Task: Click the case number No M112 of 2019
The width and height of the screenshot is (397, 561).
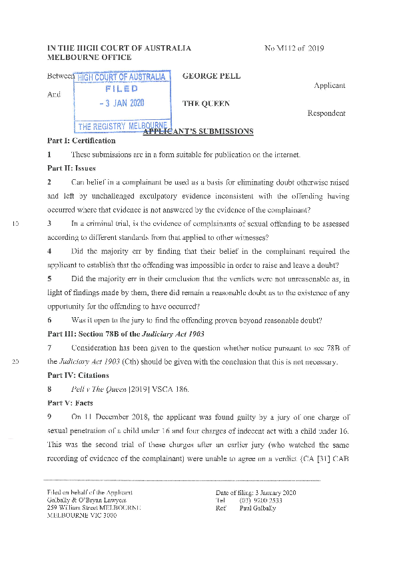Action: [x=294, y=48]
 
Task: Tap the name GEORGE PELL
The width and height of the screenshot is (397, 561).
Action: [x=211, y=76]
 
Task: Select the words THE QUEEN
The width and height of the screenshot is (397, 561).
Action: [x=206, y=103]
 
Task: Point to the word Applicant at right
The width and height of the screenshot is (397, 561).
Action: [x=329, y=86]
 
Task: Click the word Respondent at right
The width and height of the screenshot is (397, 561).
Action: [x=326, y=113]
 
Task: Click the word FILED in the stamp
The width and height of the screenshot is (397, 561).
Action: [x=121, y=89]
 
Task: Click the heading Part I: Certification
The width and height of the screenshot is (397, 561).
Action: [x=81, y=141]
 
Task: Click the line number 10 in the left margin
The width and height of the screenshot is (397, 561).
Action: [x=16, y=223]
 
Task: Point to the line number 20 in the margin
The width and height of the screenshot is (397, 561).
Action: [x=16, y=362]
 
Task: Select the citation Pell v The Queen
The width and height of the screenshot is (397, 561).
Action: [x=98, y=390]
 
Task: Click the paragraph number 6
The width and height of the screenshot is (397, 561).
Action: [x=49, y=320]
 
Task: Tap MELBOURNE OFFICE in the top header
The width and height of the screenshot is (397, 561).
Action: [x=89, y=57]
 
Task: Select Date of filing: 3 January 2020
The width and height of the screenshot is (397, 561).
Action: [x=251, y=492]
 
